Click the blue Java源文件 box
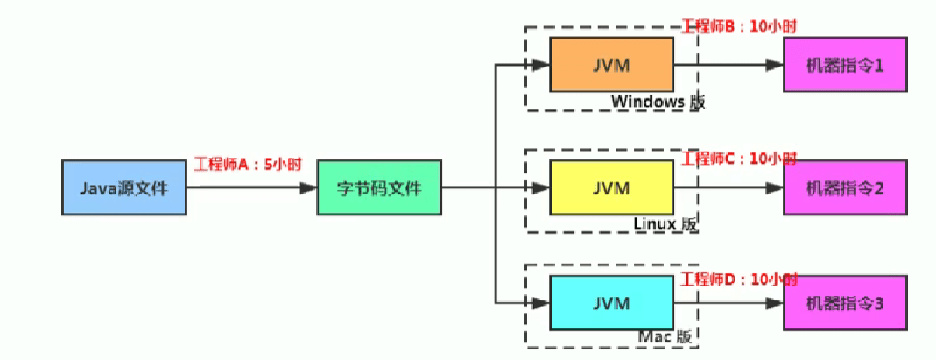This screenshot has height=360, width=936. coord(123,187)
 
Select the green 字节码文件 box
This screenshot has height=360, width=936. coord(379,187)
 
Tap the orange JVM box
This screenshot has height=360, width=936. coord(610,66)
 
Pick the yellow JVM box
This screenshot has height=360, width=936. coord(610,187)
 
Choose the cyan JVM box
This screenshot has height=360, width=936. coord(610,302)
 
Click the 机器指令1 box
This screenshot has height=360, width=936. coord(844,66)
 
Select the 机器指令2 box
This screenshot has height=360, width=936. coord(844,187)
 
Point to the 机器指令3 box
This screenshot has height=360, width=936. coord(844,302)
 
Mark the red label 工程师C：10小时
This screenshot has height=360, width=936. coord(740,159)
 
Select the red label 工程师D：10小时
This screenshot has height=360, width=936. coord(740,279)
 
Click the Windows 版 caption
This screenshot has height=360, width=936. coord(658,102)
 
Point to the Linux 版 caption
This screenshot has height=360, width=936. coord(665,224)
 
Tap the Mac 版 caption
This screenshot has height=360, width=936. coord(665,336)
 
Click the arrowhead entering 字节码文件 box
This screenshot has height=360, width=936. coord(308,187)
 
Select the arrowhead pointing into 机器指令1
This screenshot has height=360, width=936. coord(775,66)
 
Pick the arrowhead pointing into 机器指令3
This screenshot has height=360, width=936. coord(775,302)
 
